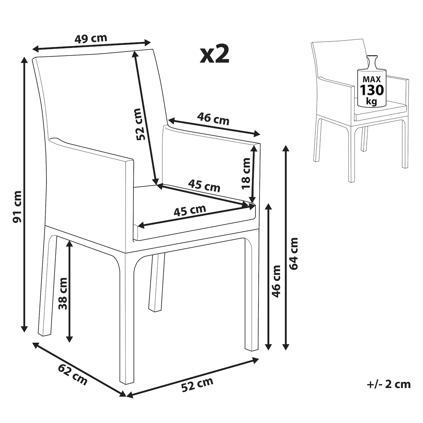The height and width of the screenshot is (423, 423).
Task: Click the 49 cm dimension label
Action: (x=91, y=39)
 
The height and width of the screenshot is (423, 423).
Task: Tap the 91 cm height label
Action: (x=17, y=207)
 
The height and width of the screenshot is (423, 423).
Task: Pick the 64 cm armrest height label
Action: (x=293, y=253)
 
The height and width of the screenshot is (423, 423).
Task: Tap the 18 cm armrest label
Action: (x=246, y=173)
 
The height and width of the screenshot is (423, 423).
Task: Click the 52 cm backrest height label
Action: (x=141, y=124)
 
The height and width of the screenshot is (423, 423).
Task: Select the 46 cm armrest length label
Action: (x=213, y=119)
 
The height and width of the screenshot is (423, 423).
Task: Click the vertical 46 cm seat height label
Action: (x=276, y=281)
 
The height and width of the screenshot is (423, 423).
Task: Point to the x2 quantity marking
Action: (x=214, y=55)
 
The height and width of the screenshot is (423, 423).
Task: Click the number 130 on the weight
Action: (x=372, y=90)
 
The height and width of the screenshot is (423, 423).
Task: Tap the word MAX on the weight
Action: (x=372, y=79)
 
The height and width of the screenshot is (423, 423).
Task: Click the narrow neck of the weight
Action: (x=372, y=62)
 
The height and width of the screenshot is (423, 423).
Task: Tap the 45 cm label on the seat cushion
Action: (x=190, y=210)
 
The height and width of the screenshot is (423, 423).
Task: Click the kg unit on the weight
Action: (x=372, y=102)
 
